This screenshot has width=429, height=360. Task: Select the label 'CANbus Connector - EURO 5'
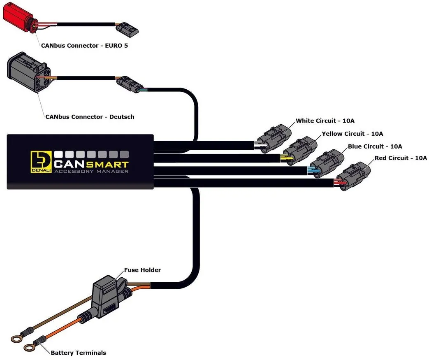[84, 46]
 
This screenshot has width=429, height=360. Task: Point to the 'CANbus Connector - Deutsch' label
[90, 117]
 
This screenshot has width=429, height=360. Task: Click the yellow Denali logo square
[41, 161]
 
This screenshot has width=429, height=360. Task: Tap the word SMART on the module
[107, 163]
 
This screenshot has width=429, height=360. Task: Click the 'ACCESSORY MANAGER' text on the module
[91, 171]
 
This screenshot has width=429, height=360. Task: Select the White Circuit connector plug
[274, 136]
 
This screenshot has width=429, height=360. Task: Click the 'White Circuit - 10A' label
[325, 121]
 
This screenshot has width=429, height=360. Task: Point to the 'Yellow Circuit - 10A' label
[352, 134]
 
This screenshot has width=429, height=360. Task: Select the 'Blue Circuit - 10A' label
[375, 146]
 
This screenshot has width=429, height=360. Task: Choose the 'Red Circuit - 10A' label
[401, 158]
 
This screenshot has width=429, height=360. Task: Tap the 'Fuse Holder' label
[142, 270]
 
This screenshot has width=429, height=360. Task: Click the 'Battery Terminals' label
[78, 353]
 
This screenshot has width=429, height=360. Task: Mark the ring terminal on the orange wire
[29, 348]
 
